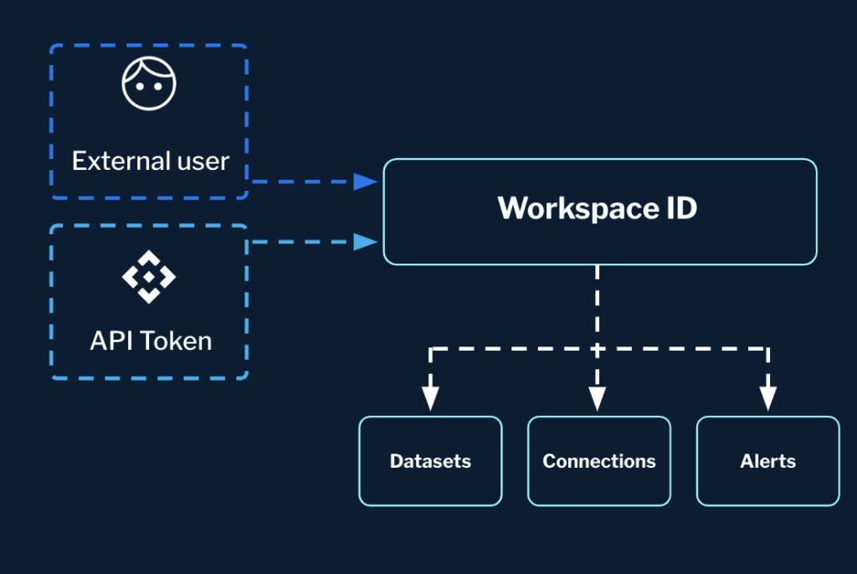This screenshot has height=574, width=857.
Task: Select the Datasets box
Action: click(430, 461)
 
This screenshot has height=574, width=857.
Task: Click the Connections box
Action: click(599, 461)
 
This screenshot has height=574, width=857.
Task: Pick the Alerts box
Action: click(767, 461)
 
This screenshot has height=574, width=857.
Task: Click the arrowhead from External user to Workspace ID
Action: click(365, 181)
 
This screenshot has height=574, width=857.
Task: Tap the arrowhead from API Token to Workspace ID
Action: click(365, 242)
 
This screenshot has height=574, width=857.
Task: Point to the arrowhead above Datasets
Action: click(430, 398)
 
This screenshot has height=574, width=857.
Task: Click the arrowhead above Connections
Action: click(597, 398)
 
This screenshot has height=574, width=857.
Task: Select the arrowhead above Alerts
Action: click(767, 398)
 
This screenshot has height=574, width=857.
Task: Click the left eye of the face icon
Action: click(139, 85)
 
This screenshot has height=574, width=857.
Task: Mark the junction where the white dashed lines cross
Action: click(597, 348)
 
